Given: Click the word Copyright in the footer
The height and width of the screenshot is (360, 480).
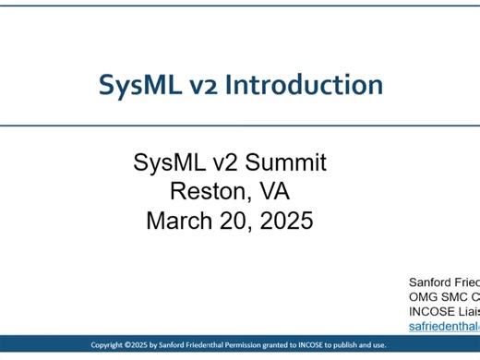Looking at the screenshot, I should pos(114,344).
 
